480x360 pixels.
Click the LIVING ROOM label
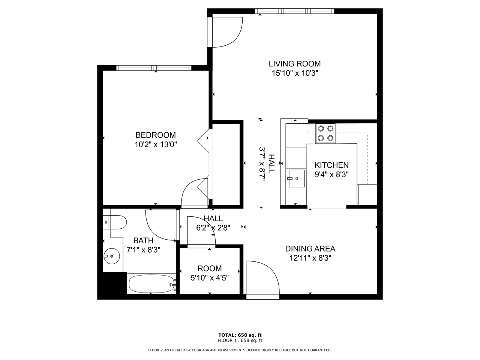coord(294,64)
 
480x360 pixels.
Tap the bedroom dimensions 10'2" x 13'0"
coord(156,144)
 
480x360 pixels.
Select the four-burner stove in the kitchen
coord(325,133)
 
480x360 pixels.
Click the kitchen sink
coord(297,178)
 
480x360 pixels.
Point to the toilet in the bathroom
coord(115,222)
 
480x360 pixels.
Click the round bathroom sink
coord(112,256)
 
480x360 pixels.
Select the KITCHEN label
coord(331,165)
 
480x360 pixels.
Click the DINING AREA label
coord(310,249)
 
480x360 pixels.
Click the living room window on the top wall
coord(294,11)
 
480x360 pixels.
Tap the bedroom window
coord(154,68)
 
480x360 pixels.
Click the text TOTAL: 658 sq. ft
coord(240,335)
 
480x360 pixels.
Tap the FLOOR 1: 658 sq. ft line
coord(240,340)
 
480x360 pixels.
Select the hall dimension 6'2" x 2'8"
coord(213,228)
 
